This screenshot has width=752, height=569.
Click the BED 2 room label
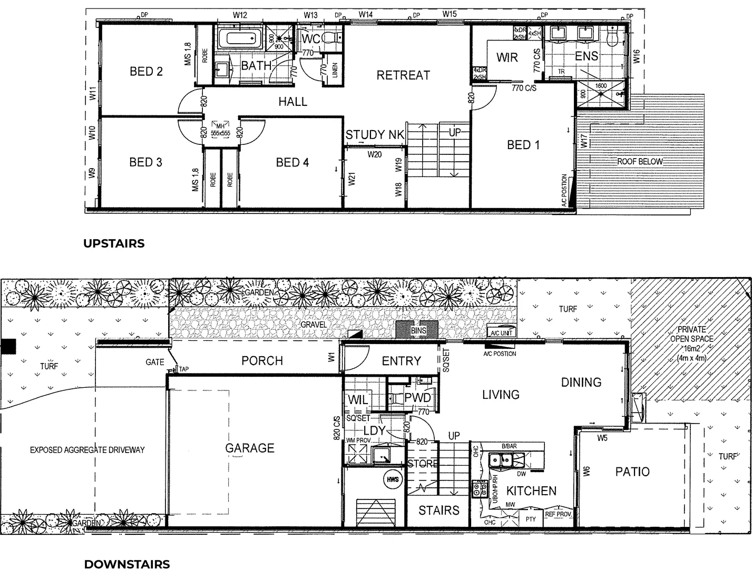click(x=146, y=72)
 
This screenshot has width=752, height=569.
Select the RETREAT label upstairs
click(x=403, y=76)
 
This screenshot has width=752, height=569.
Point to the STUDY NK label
click(x=375, y=135)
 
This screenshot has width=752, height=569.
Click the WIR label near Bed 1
click(x=507, y=57)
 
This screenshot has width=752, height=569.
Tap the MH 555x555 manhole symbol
click(x=220, y=130)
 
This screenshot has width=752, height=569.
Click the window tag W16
click(x=637, y=57)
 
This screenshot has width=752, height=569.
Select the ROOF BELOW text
click(x=640, y=162)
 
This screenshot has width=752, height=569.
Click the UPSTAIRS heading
click(x=114, y=243)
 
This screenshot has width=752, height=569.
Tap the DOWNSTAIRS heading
click(x=127, y=564)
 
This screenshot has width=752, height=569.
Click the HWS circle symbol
click(x=393, y=479)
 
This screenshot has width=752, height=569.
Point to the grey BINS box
click(x=418, y=330)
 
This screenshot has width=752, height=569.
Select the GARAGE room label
click(x=250, y=448)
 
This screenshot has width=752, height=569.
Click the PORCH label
click(x=262, y=361)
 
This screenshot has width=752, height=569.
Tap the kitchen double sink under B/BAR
click(x=501, y=460)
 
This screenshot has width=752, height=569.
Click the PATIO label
click(x=632, y=472)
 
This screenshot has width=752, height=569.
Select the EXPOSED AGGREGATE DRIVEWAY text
click(x=87, y=450)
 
